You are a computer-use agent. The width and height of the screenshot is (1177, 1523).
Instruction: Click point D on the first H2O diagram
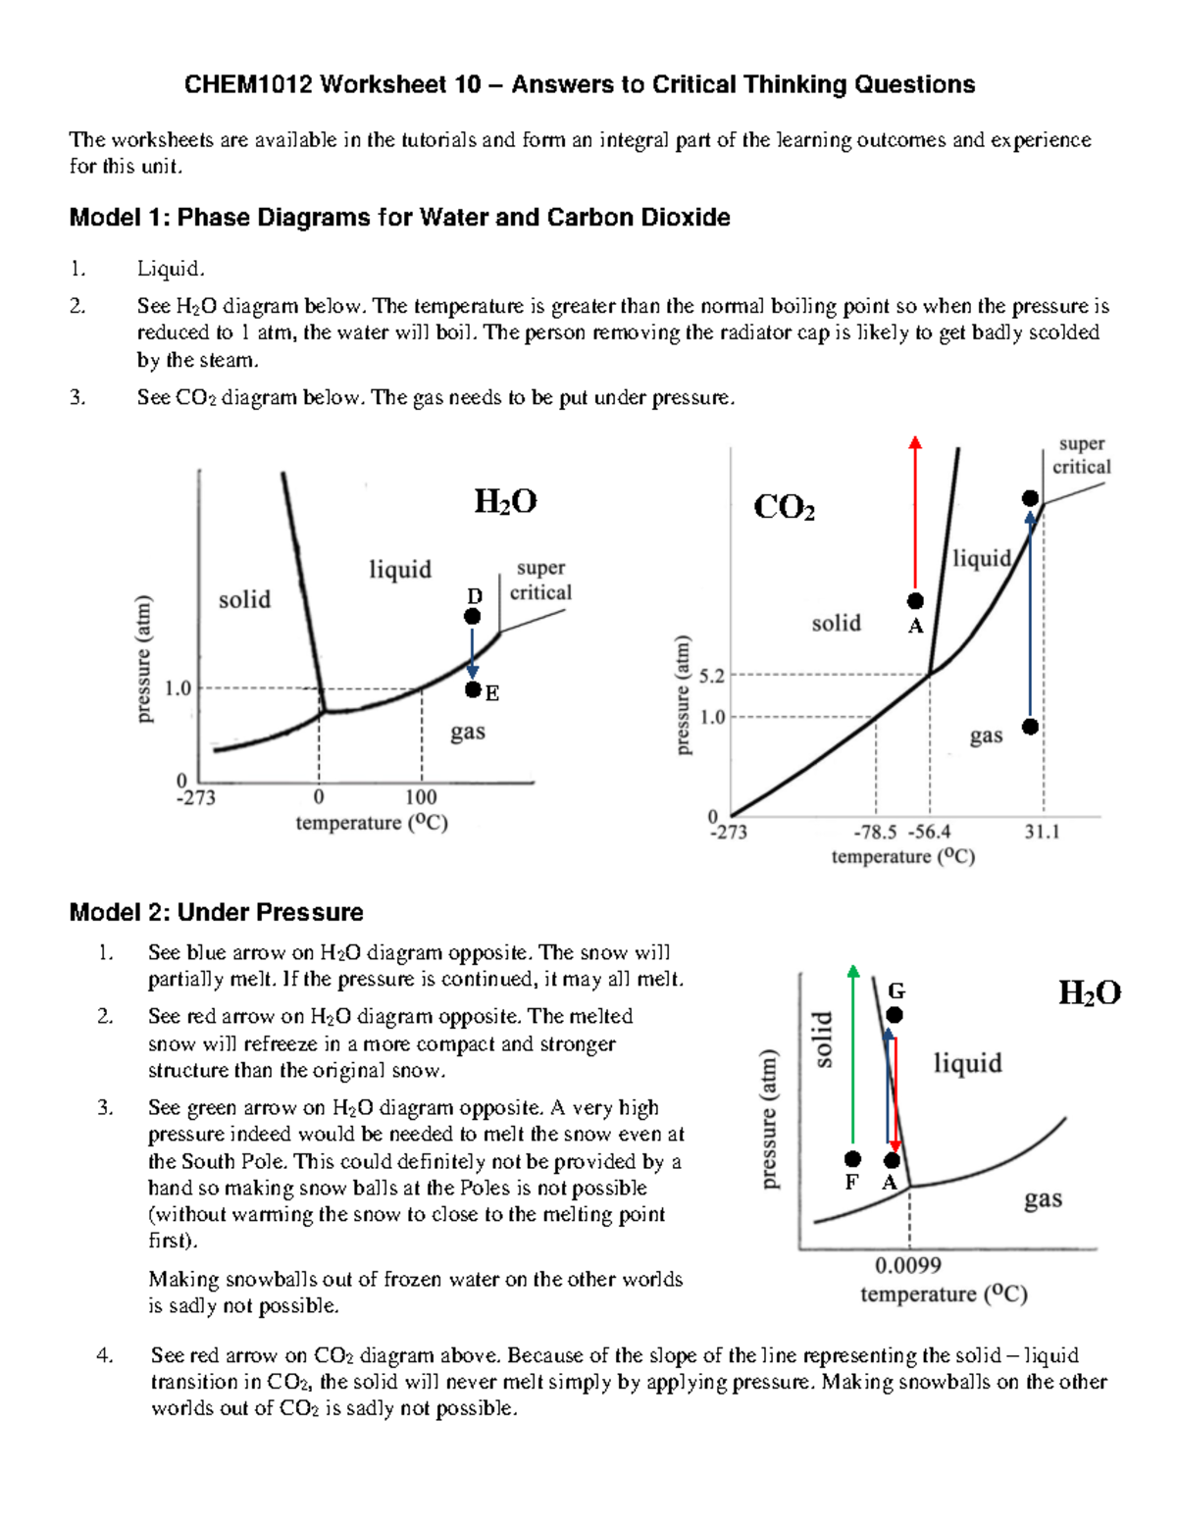[472, 616]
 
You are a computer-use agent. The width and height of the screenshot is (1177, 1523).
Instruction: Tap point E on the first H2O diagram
[473, 690]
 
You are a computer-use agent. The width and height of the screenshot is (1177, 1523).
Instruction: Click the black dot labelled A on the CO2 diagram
[915, 601]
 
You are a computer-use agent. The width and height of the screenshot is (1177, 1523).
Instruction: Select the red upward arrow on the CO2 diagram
[915, 510]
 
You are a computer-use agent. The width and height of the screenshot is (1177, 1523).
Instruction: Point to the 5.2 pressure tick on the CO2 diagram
[712, 676]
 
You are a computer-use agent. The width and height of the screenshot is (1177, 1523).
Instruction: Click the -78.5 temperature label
[875, 833]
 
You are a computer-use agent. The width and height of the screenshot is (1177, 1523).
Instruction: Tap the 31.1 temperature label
[1042, 833]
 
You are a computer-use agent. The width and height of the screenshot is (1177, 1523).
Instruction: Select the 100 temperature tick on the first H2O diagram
[421, 797]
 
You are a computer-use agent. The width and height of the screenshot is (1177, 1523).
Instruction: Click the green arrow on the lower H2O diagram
[853, 1059]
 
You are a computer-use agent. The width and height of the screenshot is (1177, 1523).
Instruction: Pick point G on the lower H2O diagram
[895, 1015]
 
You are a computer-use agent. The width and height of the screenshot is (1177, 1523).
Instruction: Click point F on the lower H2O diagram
[852, 1160]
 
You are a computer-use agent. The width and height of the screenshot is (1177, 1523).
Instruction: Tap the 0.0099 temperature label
[908, 1266]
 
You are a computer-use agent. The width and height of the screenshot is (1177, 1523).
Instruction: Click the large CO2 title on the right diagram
[784, 508]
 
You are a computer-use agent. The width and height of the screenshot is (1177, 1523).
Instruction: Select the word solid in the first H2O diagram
[244, 599]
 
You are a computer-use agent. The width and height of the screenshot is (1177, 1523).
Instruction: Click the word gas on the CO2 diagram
[986, 736]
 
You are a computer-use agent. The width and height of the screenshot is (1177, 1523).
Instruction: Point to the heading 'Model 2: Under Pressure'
[216, 912]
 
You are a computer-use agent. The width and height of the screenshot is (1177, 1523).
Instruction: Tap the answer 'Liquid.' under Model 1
[171, 269]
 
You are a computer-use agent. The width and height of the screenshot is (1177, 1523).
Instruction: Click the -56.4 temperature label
[929, 833]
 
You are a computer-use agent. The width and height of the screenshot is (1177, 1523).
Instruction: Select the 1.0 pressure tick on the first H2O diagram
[178, 688]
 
